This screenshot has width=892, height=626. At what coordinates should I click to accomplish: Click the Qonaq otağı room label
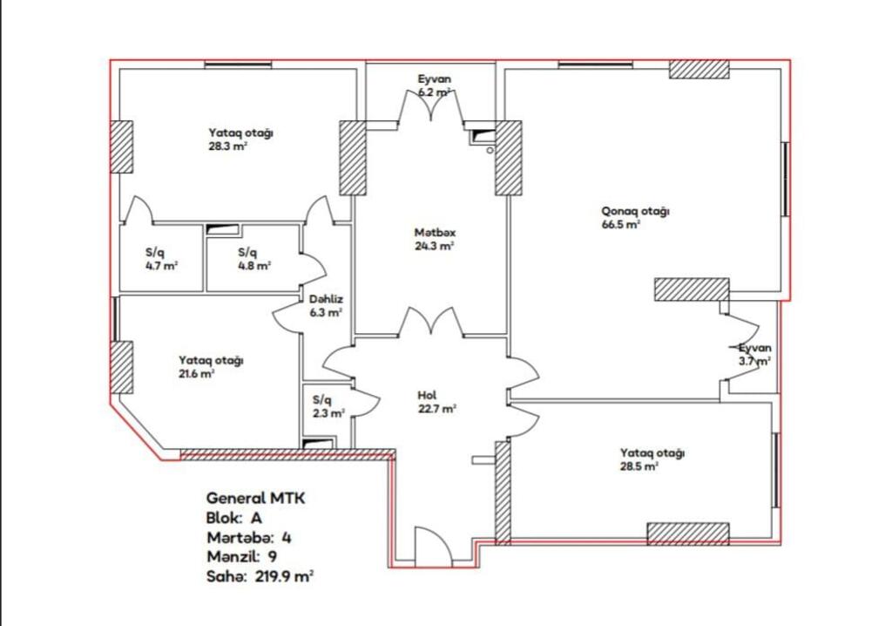click(x=635, y=211)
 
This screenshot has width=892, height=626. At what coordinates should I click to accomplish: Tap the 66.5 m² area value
click(x=621, y=224)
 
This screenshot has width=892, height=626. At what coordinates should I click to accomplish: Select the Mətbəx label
click(x=435, y=233)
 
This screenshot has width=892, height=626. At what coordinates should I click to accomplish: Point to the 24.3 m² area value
click(x=434, y=247)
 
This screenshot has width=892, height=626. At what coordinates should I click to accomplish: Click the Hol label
click(x=427, y=395)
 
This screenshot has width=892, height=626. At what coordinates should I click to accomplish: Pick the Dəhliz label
click(x=326, y=299)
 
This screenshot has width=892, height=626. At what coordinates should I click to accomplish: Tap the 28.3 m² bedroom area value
click(x=227, y=146)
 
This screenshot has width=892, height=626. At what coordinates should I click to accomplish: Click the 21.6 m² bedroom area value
click(x=197, y=374)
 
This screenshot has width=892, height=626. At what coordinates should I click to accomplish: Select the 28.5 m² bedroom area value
click(x=639, y=466)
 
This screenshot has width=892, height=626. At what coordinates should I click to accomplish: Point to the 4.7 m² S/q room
click(x=161, y=259)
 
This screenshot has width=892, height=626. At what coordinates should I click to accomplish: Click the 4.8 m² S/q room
click(x=253, y=259)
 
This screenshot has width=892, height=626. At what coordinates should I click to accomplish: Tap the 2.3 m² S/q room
click(x=328, y=406)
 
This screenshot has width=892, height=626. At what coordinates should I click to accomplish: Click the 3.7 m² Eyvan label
click(x=755, y=354)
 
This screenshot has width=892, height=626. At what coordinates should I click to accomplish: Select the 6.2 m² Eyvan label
click(x=435, y=85)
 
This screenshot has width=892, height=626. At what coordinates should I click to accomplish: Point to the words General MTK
click(x=255, y=499)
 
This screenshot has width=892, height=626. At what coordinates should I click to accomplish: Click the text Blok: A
click(x=233, y=519)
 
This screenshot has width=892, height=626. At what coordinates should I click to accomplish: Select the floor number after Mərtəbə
click(x=287, y=538)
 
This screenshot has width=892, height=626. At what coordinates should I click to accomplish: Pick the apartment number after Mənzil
click(x=273, y=556)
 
